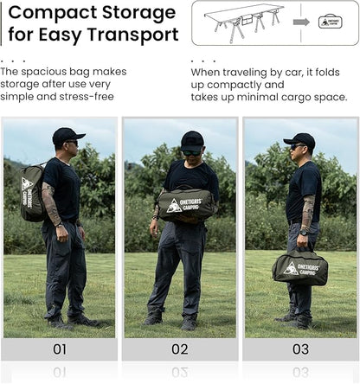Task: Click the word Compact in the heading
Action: (x=53, y=13)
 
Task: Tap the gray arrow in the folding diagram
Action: (x=301, y=22)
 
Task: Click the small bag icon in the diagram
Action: (x=331, y=22)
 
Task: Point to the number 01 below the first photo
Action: (x=60, y=349)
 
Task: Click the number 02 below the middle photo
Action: (x=180, y=349)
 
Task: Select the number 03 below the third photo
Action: (x=300, y=349)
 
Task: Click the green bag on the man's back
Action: (x=32, y=192)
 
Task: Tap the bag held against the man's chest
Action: (x=186, y=205)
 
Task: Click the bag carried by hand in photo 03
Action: (x=300, y=267)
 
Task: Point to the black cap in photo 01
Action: (x=67, y=135)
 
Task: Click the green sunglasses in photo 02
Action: (x=192, y=153)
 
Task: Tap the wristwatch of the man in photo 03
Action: (x=304, y=232)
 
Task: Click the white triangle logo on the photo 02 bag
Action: (x=174, y=206)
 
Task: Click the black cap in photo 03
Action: (x=299, y=139)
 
